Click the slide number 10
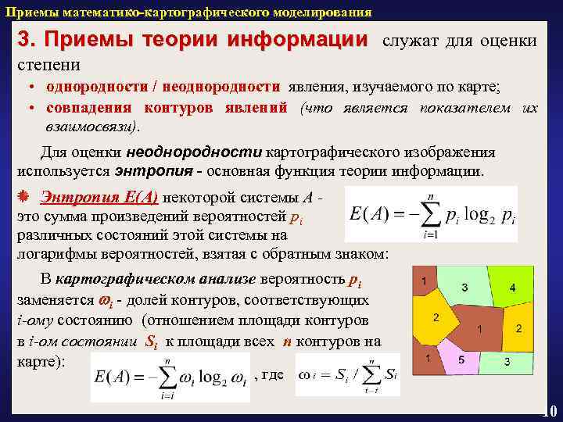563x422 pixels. click(549, 411)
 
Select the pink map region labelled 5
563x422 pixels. click(461, 359)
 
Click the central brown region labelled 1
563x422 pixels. click(477, 320)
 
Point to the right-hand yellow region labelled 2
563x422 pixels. click(518, 328)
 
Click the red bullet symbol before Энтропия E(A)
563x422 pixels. click(23, 195)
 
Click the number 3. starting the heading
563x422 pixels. click(27, 40)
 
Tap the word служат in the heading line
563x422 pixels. click(411, 41)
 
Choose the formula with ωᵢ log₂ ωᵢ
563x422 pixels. click(170, 377)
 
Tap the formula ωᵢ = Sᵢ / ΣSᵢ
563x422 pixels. click(349, 376)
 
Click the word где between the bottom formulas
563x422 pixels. click(274, 374)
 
